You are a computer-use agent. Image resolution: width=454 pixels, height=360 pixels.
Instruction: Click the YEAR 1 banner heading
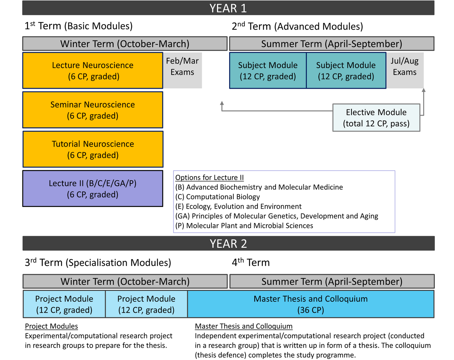pyautogui.click(x=228, y=8)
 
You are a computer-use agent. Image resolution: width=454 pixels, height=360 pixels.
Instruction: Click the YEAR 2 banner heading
pyautogui.click(x=228, y=244)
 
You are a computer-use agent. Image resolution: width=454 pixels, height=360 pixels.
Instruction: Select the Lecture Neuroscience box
pyautogui.click(x=93, y=71)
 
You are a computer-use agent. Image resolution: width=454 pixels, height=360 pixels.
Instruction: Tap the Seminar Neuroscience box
pyautogui.click(x=93, y=110)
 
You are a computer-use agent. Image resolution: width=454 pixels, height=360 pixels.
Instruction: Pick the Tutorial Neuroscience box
pyautogui.click(x=93, y=149)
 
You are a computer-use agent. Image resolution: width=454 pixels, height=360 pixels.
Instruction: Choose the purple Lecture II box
pyautogui.click(x=93, y=189)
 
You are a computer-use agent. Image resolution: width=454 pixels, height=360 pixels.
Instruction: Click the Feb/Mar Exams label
pyautogui.click(x=182, y=66)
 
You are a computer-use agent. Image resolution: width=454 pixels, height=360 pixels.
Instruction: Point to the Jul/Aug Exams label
pyautogui.click(x=405, y=66)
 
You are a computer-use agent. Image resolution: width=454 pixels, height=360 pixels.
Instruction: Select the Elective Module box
pyautogui.click(x=376, y=118)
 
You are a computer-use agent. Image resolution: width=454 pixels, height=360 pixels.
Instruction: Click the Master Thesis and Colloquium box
pyautogui.click(x=311, y=304)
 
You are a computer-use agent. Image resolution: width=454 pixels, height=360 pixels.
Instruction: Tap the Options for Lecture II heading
pyautogui.click(x=210, y=178)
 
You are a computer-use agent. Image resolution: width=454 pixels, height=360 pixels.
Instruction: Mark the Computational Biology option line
pyautogui.click(x=217, y=197)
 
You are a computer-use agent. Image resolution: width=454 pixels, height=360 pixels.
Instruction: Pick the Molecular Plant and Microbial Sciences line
pyautogui.click(x=244, y=226)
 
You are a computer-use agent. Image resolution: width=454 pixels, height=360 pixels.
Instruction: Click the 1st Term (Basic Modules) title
pyautogui.click(x=78, y=26)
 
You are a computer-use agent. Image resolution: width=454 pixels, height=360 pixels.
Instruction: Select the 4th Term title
pyautogui.click(x=251, y=262)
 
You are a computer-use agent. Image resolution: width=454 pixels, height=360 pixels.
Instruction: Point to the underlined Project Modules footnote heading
pyautogui.click(x=51, y=326)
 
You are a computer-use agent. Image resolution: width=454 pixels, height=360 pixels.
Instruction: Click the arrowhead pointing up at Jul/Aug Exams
pyautogui.click(x=423, y=90)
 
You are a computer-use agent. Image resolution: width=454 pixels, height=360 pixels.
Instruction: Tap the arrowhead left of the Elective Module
pyautogui.click(x=222, y=103)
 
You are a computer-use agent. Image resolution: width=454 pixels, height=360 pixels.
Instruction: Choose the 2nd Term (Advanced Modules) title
pyautogui.click(x=297, y=26)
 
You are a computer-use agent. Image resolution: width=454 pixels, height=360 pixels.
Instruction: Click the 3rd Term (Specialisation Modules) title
pyautogui.click(x=98, y=263)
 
